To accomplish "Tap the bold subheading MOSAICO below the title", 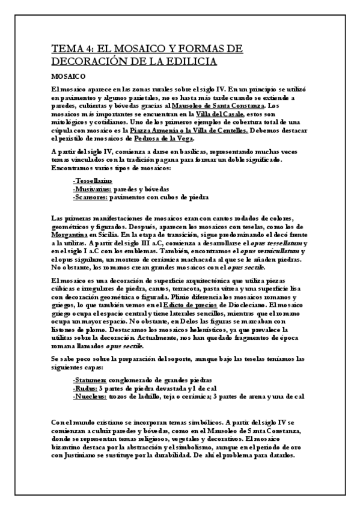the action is pos(68,76).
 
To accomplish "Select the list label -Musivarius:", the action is pos(91,188).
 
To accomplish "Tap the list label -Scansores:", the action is pos(91,197).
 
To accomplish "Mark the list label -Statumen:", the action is pos(90,380).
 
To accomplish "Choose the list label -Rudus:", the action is pos(85,388).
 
